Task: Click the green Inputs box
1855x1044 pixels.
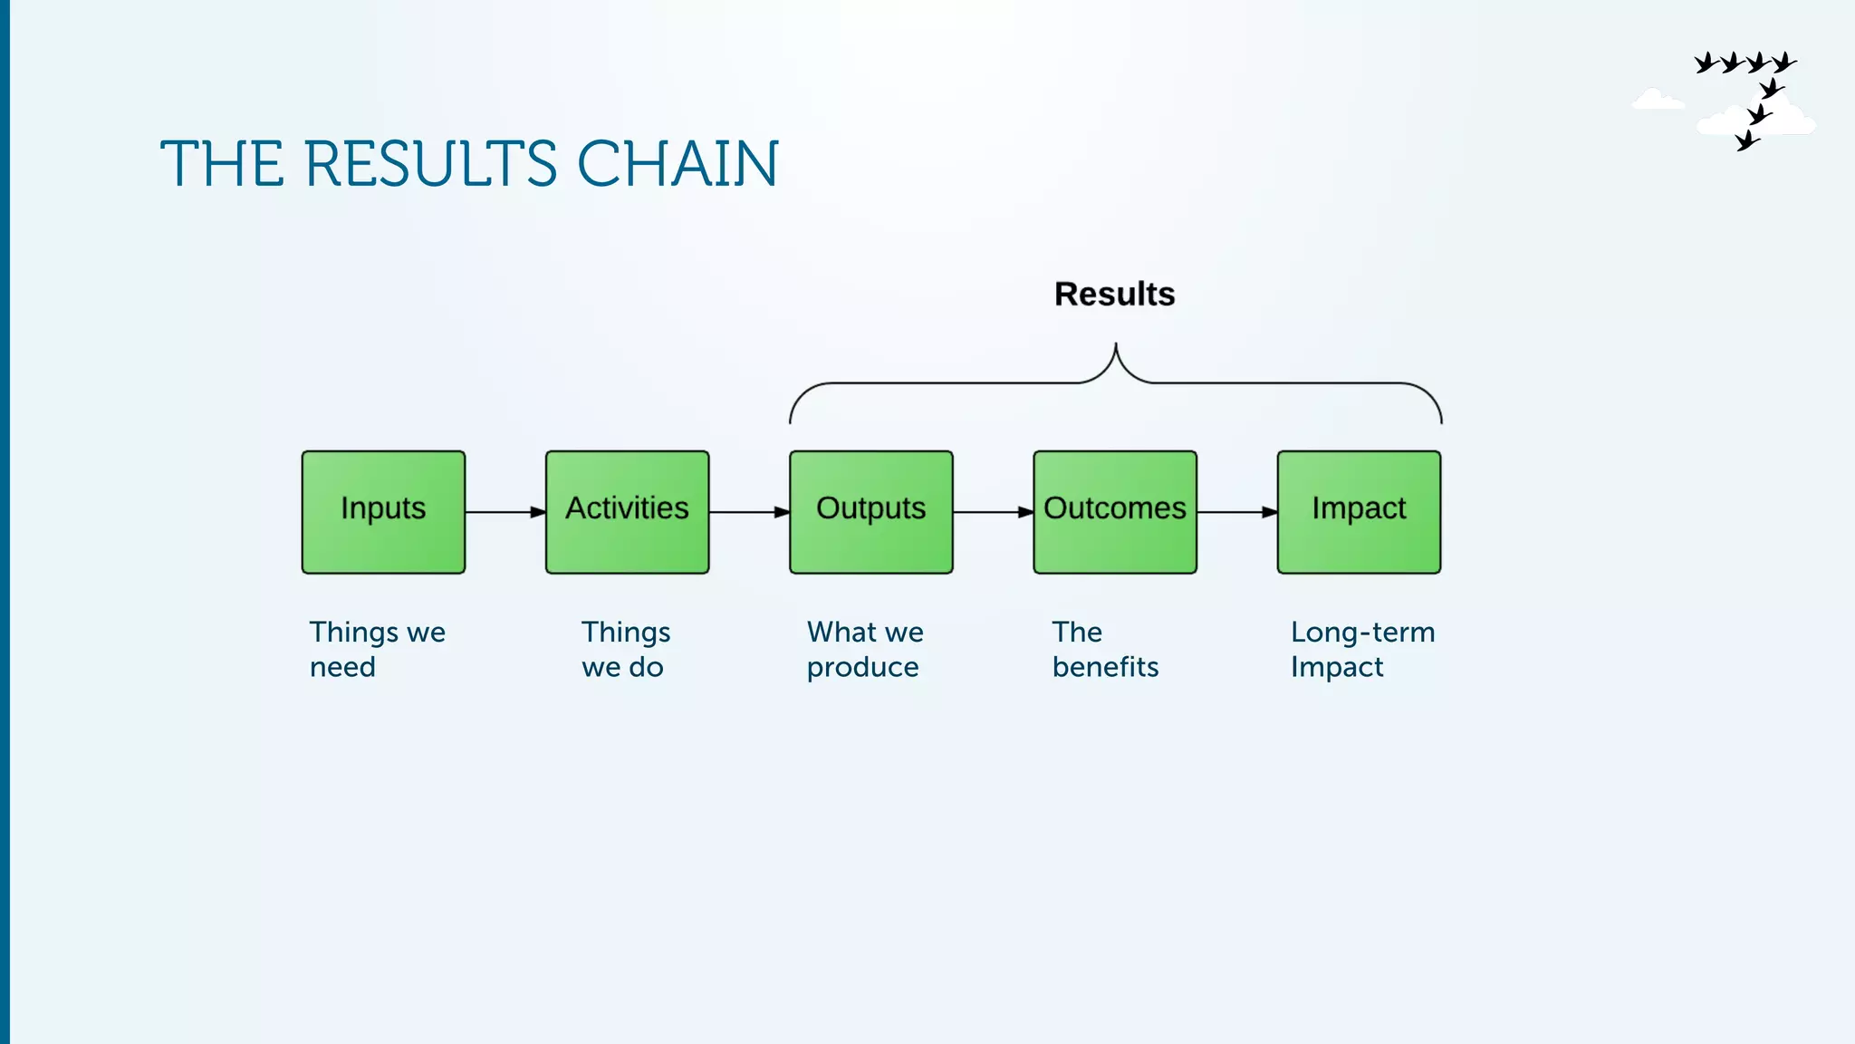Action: (383, 512)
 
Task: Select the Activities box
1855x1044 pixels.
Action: (627, 512)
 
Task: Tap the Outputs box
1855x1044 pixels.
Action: (870, 512)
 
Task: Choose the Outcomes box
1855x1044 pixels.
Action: (1114, 512)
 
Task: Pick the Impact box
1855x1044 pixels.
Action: (1359, 512)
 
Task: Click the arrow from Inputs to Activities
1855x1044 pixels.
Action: (505, 512)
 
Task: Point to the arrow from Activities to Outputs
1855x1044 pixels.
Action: (749, 512)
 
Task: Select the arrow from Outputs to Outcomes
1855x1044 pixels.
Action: (993, 512)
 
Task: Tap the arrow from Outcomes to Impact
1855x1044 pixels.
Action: (1236, 512)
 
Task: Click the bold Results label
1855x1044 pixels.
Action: (1114, 294)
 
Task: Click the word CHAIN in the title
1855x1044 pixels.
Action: (677, 165)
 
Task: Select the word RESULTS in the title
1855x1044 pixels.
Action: (430, 165)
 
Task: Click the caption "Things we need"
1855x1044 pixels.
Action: (377, 649)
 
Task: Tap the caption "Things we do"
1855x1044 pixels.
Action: (625, 649)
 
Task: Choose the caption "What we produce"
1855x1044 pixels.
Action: (865, 649)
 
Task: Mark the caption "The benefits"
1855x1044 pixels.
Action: (1105, 649)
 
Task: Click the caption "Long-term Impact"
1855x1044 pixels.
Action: (1362, 649)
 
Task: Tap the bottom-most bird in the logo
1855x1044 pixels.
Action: (1747, 140)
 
